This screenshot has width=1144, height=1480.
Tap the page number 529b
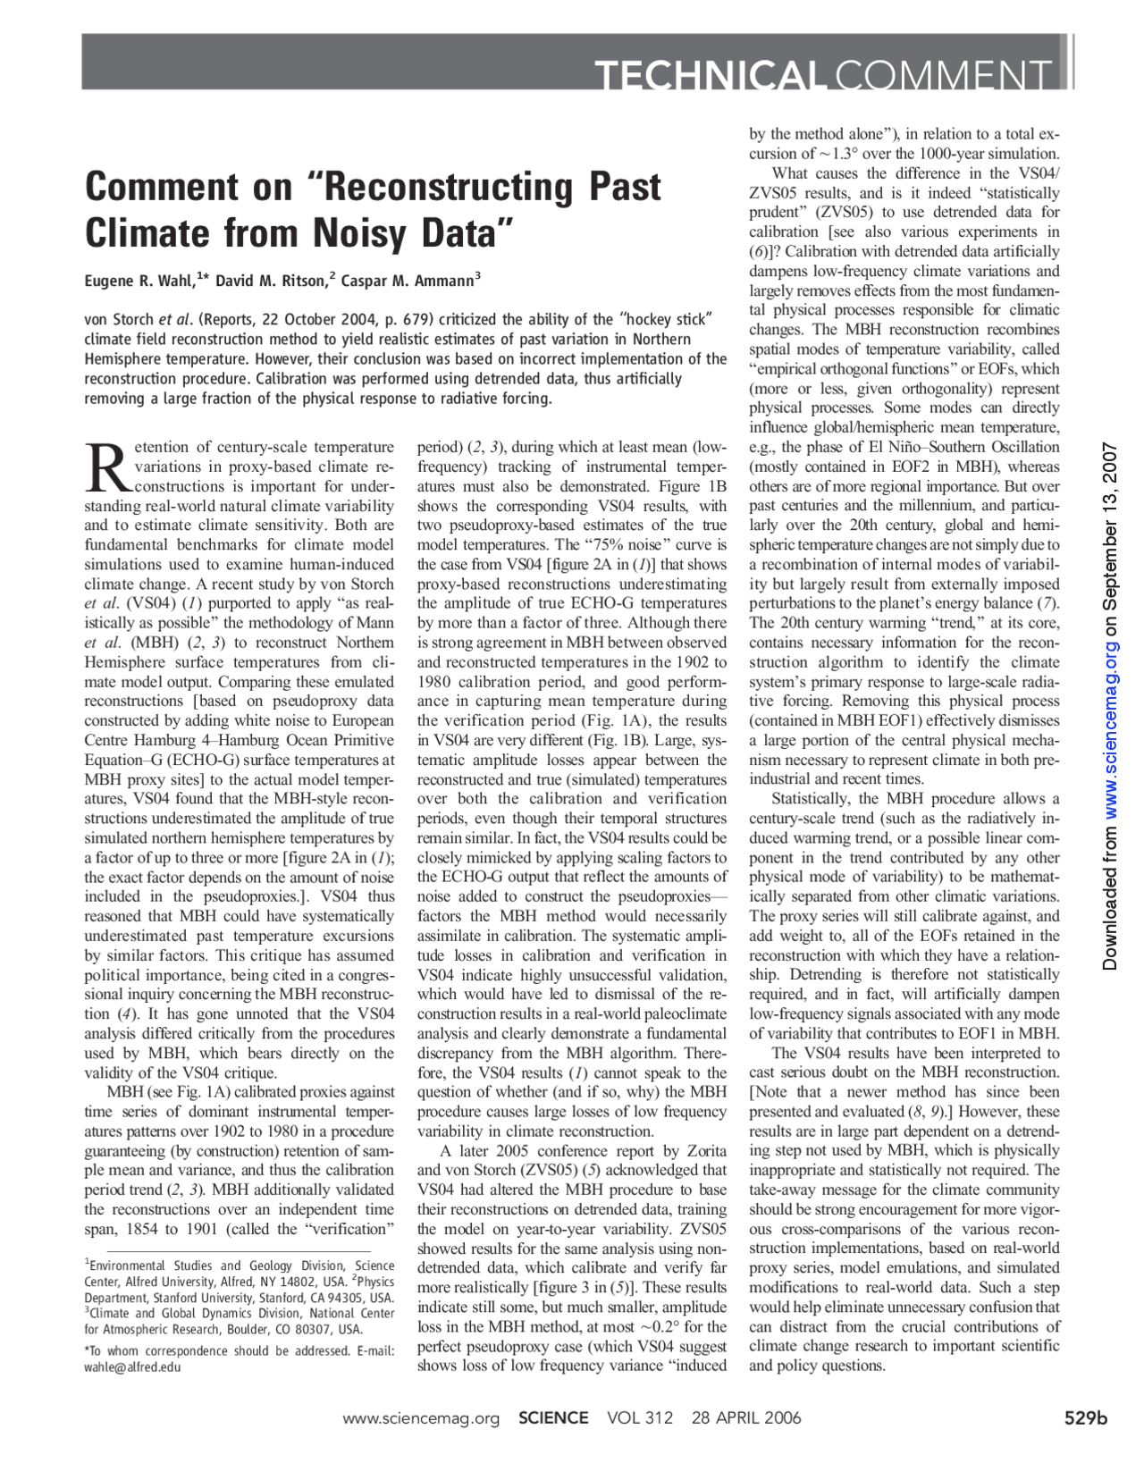click(x=1085, y=1418)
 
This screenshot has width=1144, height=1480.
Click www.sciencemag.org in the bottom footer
click(x=421, y=1418)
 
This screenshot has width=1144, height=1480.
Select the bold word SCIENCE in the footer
click(x=553, y=1418)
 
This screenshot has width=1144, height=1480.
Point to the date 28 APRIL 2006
click(x=746, y=1418)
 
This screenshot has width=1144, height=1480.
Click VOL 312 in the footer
click(x=640, y=1418)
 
